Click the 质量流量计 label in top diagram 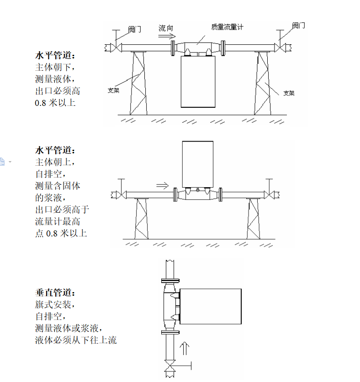pyautogui.click(x=227, y=27)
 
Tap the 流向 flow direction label pyautogui.click(x=166, y=28)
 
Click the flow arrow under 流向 pyautogui.click(x=167, y=37)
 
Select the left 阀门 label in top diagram pyautogui.click(x=135, y=30)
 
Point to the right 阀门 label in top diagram pyautogui.click(x=298, y=26)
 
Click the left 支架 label pyautogui.click(x=113, y=90)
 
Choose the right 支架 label pyautogui.click(x=289, y=93)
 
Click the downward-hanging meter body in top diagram pyautogui.click(x=198, y=82)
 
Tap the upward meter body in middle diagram pyautogui.click(x=198, y=164)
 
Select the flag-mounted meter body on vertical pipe pyautogui.click(x=211, y=307)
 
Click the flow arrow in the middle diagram pyautogui.click(x=163, y=186)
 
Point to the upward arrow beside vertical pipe pyautogui.click(x=185, y=349)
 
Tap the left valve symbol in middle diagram pyautogui.click(x=121, y=195)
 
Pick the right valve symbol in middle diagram pyautogui.click(x=269, y=195)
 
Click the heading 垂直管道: pyautogui.click(x=55, y=293)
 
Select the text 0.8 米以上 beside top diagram pyautogui.click(x=55, y=103)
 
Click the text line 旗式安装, pyautogui.click(x=55, y=304)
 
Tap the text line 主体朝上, pyautogui.click(x=55, y=162)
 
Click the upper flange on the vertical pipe pyautogui.click(x=170, y=281)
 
